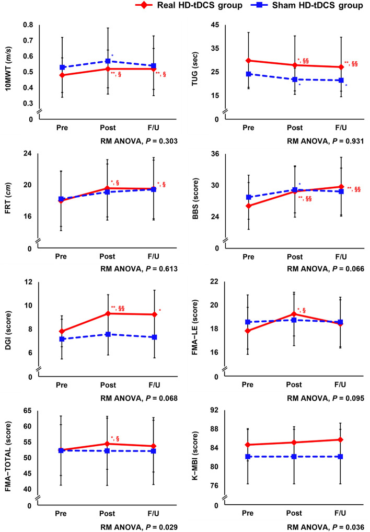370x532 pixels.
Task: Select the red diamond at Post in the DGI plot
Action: coord(108,313)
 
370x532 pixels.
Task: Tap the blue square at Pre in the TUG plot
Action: coord(249,74)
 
